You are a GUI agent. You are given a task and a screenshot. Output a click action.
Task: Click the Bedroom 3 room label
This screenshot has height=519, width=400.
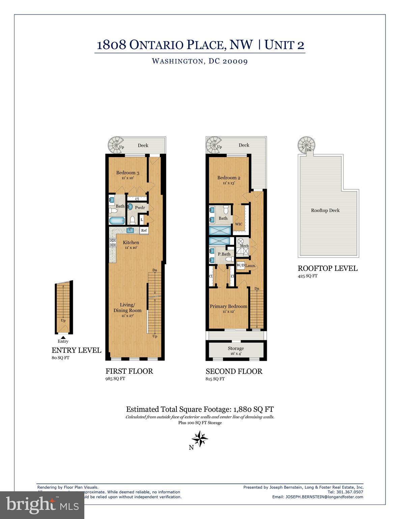point(128,173)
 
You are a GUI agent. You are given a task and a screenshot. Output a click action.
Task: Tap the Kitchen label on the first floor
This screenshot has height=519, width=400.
point(131,242)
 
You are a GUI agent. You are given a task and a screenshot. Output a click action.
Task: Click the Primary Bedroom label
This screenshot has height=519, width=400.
point(228,306)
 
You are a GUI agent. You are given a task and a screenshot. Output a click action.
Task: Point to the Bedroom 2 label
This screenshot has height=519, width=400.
point(229,178)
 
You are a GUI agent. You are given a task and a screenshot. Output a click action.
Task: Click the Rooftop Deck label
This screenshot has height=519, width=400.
point(325,210)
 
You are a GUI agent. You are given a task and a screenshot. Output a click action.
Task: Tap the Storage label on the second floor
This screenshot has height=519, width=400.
point(235,348)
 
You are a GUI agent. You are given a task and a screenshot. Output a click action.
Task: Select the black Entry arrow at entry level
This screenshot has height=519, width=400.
point(63,337)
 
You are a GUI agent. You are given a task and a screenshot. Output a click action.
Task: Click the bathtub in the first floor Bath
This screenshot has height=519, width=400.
point(117,221)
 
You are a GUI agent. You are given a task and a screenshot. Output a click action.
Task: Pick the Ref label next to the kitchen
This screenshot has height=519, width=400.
point(144,230)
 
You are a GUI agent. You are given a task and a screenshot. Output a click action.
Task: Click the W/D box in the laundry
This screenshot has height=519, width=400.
point(240,265)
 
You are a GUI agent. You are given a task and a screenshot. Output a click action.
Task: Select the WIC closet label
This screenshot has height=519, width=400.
point(238,224)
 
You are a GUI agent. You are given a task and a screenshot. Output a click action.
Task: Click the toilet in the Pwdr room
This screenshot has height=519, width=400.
point(133,221)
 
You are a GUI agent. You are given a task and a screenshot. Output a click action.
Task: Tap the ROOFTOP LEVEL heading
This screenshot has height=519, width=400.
point(327,269)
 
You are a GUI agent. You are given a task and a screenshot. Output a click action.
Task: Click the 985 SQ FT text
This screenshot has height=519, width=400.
point(115,378)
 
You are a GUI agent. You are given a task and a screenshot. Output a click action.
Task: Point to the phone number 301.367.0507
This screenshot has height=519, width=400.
point(350,492)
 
